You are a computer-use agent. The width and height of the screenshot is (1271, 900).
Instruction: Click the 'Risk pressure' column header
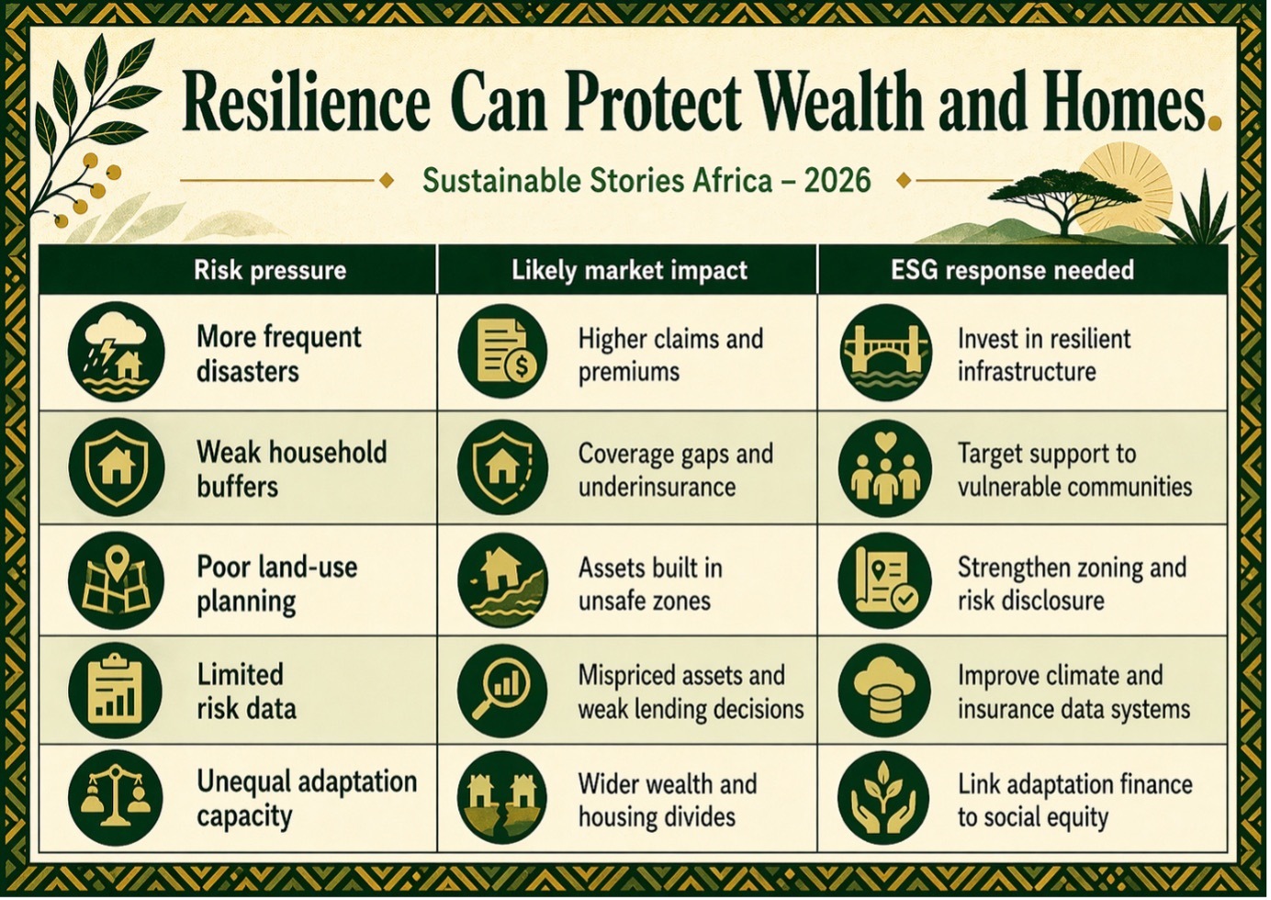(269, 270)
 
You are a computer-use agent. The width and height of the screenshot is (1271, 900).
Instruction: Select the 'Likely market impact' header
(629, 270)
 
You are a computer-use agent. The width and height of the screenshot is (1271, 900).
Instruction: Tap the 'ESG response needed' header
(1012, 270)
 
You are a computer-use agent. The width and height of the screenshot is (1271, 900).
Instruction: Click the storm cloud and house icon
(117, 352)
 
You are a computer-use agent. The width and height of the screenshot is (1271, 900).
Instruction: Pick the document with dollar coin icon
(502, 352)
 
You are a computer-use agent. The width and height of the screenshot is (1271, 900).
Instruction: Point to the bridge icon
(886, 352)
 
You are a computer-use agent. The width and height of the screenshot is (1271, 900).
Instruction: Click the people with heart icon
(886, 467)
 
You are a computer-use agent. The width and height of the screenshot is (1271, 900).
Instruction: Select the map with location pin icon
(117, 580)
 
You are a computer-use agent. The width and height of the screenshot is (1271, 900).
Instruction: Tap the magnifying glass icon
(502, 692)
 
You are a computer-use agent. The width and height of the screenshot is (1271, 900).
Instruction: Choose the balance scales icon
(117, 798)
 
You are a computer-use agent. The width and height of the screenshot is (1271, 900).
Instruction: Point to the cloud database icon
(885, 692)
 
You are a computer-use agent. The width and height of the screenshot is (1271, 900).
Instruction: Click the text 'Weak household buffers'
(292, 469)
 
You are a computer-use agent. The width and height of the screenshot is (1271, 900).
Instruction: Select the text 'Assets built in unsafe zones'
(650, 584)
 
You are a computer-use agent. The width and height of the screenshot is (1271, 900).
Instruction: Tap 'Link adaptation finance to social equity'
(1075, 801)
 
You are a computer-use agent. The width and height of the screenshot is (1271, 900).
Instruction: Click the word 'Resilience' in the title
(305, 103)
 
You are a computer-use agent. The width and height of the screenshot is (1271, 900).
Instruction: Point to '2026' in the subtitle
(837, 181)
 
